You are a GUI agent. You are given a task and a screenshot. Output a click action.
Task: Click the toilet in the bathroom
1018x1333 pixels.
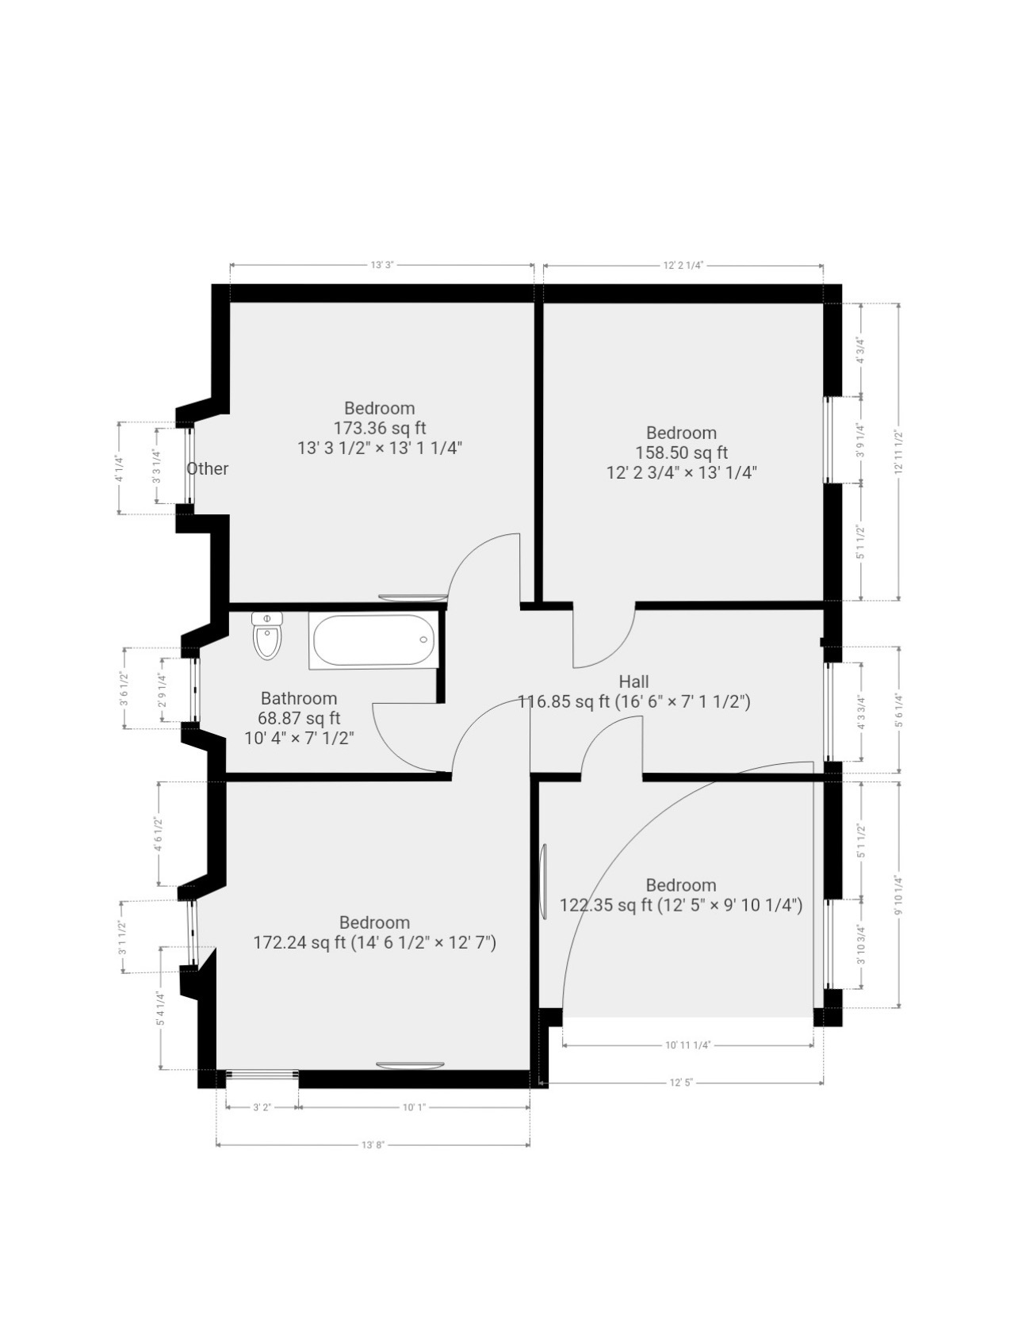point(266,636)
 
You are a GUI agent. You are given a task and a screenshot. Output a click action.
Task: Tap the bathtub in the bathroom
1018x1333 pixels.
point(373,641)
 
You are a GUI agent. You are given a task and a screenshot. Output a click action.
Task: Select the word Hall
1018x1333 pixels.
point(633,682)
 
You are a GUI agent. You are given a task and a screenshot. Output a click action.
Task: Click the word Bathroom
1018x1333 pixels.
point(299,698)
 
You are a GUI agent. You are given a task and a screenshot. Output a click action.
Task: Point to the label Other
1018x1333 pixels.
point(208,468)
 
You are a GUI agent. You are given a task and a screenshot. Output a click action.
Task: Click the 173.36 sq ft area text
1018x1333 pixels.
point(379,428)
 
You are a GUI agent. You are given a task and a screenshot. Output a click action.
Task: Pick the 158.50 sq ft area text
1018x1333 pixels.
point(681,453)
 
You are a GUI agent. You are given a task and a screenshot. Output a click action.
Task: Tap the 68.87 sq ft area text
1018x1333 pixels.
point(299,718)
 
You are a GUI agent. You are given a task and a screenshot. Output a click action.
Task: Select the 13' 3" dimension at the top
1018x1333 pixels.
point(382,265)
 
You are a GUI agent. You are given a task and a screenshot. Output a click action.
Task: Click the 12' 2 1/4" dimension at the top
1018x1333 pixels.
point(683,265)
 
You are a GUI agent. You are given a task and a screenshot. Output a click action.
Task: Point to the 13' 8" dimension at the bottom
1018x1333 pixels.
point(373,1144)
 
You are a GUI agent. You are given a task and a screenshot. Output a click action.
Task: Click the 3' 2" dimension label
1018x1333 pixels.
point(262,1107)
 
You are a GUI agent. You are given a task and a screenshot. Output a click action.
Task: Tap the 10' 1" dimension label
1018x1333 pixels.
point(414,1107)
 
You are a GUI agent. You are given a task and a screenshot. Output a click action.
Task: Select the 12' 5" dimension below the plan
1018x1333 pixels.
point(681,1082)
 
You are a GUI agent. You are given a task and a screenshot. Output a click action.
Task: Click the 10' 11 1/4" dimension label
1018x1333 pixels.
point(688,1045)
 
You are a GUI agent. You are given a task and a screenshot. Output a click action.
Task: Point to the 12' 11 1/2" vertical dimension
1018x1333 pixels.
point(898,452)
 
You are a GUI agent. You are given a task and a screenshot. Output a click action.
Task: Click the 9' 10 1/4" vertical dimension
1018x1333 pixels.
point(898,894)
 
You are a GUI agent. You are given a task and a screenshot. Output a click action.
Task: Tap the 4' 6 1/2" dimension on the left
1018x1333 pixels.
point(158,834)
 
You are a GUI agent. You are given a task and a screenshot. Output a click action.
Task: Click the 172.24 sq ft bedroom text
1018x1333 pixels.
point(374,942)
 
